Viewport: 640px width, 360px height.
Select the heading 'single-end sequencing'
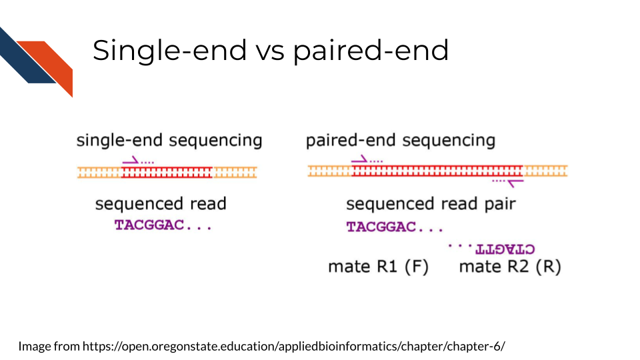tap(169, 141)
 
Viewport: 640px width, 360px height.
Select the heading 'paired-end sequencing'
tap(401, 141)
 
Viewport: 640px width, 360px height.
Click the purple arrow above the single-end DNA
tap(131, 161)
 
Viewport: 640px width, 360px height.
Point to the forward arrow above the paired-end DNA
tap(359, 159)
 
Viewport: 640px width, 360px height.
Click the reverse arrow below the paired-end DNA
tap(515, 183)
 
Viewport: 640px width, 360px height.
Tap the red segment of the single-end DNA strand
tap(167, 172)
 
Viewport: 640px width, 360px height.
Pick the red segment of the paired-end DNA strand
tap(437, 171)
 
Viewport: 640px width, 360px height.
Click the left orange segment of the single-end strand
tap(99, 172)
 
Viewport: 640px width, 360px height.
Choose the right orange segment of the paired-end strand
tap(545, 171)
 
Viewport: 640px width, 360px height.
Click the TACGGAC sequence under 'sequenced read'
tap(149, 225)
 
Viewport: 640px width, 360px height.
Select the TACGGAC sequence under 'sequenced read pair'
tap(381, 227)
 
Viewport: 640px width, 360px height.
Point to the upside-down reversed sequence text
tap(505, 249)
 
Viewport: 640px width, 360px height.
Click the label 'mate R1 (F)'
tap(379, 267)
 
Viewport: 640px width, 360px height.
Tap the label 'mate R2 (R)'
tap(510, 267)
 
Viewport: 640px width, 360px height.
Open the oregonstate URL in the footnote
tap(294, 346)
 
